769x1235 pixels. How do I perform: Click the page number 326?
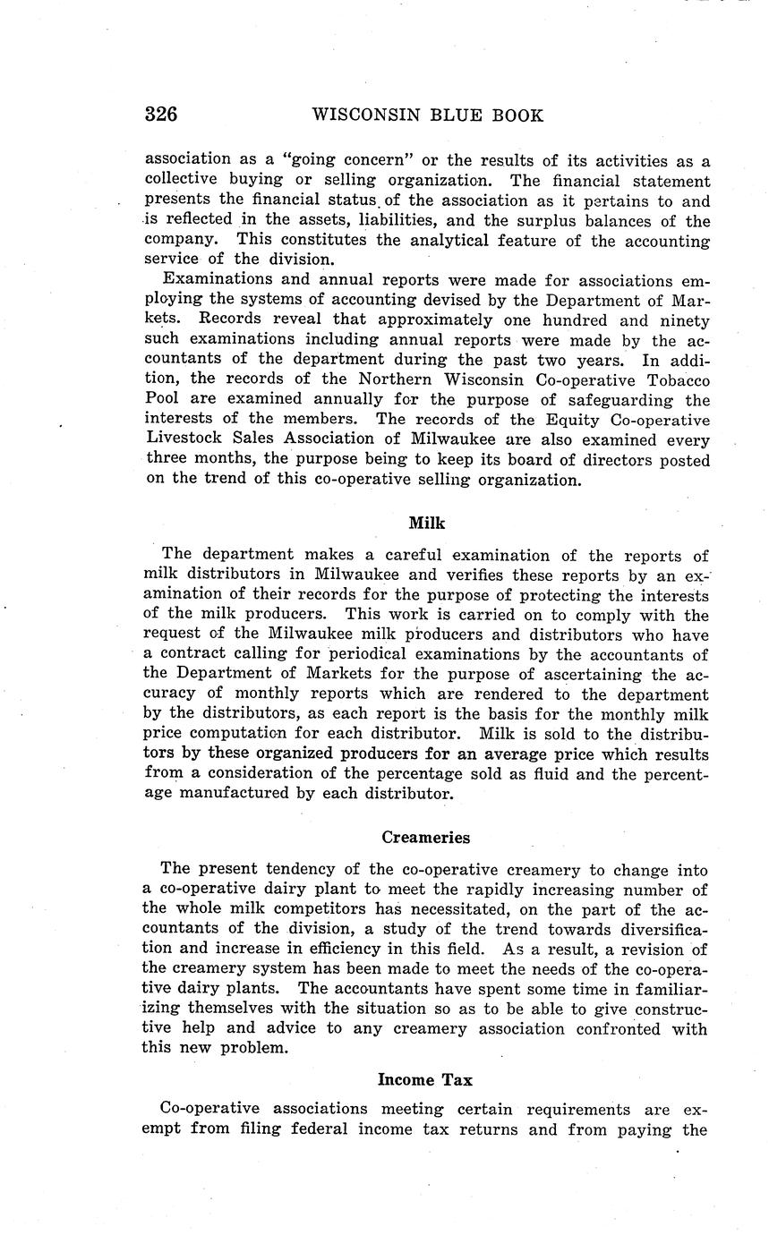coord(160,115)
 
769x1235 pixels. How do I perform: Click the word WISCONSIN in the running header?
coord(357,115)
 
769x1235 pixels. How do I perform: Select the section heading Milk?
coord(426,524)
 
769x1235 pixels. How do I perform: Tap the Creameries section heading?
coord(425,838)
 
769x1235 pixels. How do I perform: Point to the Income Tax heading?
coord(425,1079)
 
